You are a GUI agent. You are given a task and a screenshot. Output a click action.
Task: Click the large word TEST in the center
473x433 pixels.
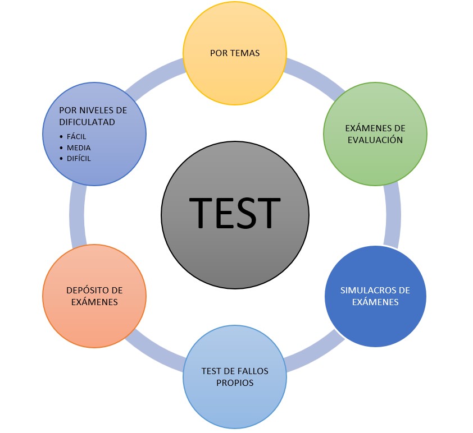pos(235,213)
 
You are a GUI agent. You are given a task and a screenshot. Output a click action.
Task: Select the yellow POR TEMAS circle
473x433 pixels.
pos(235,53)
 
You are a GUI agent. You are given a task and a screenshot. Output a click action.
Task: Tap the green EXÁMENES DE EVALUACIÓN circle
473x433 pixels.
pos(375,134)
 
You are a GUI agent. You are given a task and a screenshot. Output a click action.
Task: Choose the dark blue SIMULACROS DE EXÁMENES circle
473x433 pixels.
pos(375,296)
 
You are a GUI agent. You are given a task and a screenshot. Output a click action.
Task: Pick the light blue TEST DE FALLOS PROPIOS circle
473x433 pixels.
pos(235,377)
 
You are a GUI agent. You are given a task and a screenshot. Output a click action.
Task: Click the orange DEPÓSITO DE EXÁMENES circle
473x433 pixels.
pos(94,296)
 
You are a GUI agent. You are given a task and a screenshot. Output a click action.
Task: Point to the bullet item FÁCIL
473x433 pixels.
pos(76,137)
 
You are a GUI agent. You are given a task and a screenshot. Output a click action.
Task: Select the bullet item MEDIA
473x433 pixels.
pos(79,148)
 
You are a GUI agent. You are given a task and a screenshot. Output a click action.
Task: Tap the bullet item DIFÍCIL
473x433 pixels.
pos(79,158)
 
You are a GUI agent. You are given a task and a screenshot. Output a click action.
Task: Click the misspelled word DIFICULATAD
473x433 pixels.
pos(87,122)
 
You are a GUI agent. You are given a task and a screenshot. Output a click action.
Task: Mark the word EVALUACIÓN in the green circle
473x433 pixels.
pos(375,140)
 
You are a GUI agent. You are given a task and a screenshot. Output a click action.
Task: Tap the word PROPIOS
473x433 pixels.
pos(235,383)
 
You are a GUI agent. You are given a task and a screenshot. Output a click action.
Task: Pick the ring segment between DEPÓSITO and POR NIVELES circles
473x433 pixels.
pos(77,216)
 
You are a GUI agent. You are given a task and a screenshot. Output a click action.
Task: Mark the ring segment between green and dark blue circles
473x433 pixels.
pos(393,215)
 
